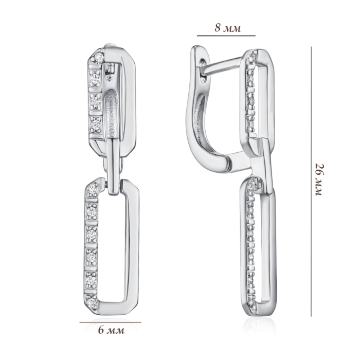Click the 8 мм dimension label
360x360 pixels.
[x=228, y=28]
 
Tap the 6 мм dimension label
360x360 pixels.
[x=112, y=330]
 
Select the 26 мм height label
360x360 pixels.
[x=319, y=179]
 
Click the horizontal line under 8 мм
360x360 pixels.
[x=226, y=36]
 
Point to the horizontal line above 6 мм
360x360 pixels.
[x=111, y=322]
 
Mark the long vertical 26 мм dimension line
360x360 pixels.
[x=311, y=182]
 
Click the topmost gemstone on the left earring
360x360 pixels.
[x=99, y=56]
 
